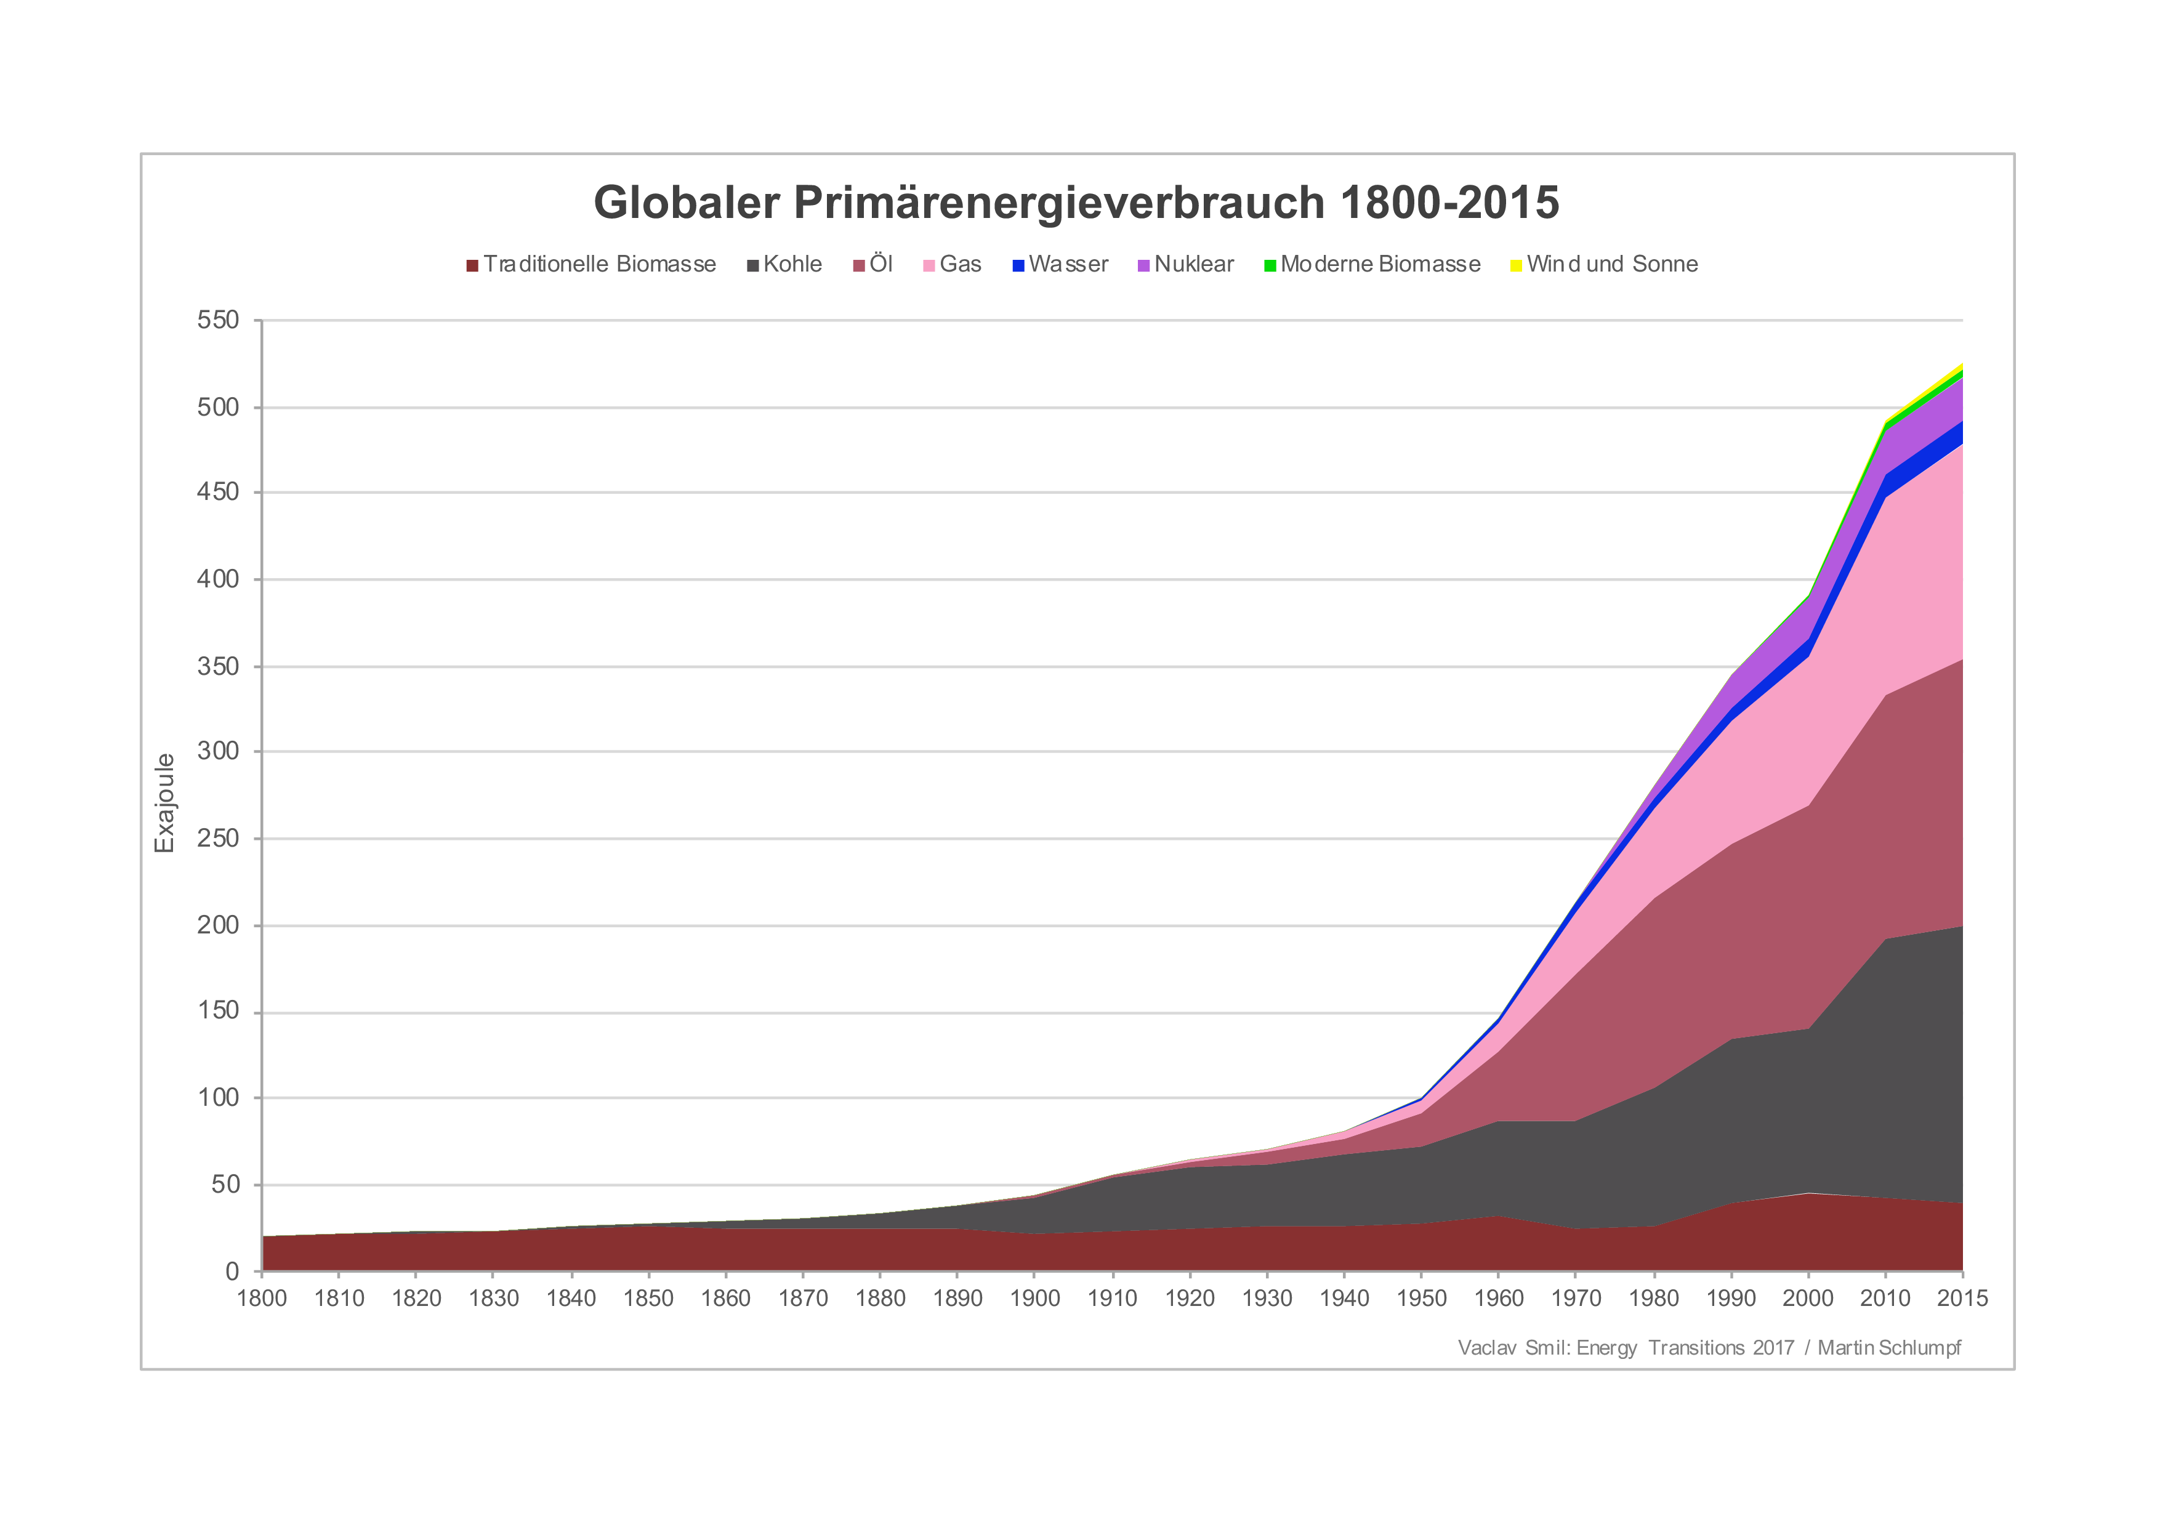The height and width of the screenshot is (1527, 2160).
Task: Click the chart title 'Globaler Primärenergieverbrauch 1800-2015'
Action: point(1076,203)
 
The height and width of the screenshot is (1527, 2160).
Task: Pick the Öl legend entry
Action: point(873,264)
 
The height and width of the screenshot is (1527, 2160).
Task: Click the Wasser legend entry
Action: point(1060,264)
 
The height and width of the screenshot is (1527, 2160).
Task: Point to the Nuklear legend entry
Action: point(1185,264)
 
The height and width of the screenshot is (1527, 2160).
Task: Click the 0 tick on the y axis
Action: point(232,1271)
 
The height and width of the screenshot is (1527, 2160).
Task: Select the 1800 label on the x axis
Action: point(262,1299)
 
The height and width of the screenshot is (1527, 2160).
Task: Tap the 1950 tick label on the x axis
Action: point(1422,1299)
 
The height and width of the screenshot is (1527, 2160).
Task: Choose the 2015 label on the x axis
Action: point(1962,1299)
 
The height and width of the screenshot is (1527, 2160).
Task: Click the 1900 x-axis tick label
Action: point(1035,1299)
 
